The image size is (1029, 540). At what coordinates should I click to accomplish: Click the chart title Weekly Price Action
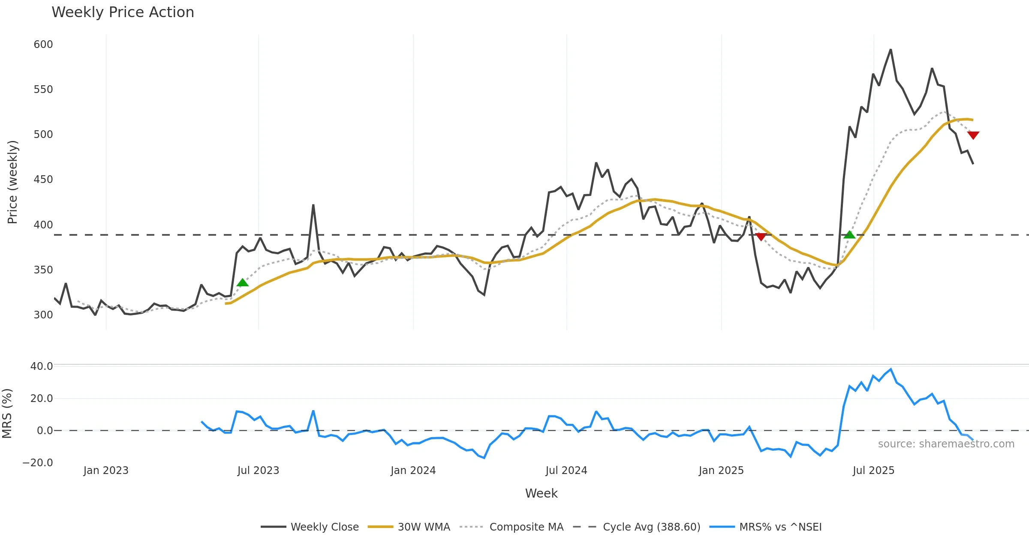click(x=123, y=12)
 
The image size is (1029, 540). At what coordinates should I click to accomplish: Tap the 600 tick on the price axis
click(x=43, y=45)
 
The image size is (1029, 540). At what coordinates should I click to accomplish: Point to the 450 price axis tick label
click(x=43, y=180)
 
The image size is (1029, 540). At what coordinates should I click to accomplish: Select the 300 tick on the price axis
click(x=43, y=315)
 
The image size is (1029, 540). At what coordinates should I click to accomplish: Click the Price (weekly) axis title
click(x=12, y=182)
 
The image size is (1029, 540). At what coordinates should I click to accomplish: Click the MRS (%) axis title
click(x=7, y=414)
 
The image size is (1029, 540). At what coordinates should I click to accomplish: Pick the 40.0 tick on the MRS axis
click(x=42, y=366)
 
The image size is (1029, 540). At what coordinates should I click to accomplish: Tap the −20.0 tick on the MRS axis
click(x=38, y=463)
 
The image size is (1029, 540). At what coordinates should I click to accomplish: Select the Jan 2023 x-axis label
click(x=106, y=471)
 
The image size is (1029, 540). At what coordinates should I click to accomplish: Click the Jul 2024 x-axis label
click(x=566, y=471)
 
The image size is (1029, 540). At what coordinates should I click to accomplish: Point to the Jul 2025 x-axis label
click(x=874, y=471)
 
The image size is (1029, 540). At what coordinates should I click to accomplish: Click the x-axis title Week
click(x=542, y=494)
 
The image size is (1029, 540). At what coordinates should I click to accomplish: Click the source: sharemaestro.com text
click(x=946, y=444)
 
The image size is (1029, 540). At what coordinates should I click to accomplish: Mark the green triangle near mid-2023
click(x=243, y=282)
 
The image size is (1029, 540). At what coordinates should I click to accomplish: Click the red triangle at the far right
click(x=973, y=135)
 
